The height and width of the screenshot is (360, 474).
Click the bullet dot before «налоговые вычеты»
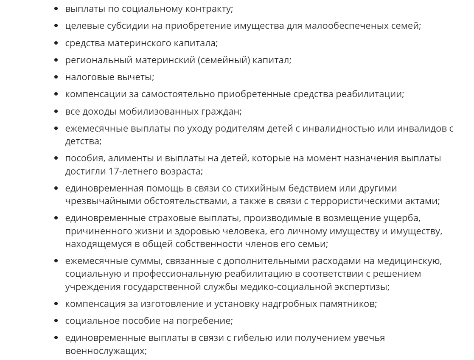tap(57, 78)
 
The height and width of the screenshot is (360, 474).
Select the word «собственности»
tap(203, 244)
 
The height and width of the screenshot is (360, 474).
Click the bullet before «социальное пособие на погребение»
tap(57, 322)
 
